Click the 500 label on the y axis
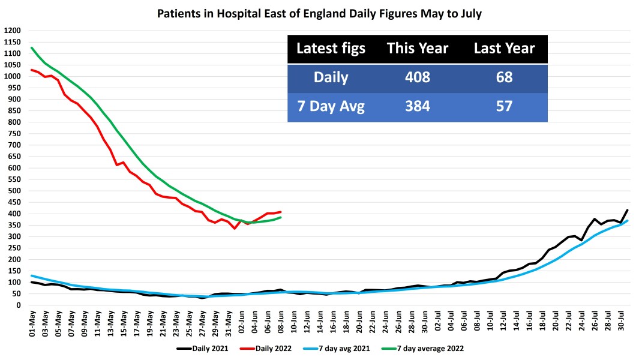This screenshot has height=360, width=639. point(14,191)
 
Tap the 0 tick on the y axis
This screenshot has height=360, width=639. point(18,305)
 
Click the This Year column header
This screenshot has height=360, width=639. point(417,49)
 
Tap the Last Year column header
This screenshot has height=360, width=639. point(504,49)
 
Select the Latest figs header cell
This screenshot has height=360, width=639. point(331,49)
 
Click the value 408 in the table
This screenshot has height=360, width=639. point(417,78)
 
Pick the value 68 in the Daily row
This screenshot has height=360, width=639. point(504,78)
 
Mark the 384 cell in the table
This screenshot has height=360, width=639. point(417,107)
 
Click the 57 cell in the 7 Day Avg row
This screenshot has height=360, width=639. point(504,107)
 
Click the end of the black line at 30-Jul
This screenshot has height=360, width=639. point(627,211)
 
